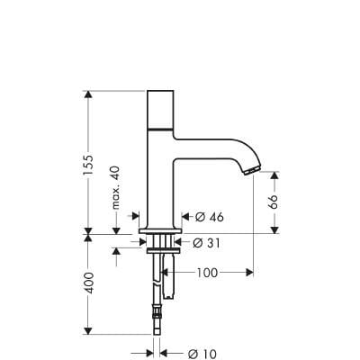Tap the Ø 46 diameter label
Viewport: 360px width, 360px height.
209,217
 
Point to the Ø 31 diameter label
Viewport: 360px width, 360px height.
209,243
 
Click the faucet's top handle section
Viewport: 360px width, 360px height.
161,109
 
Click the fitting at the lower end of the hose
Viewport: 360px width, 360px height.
159,315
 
